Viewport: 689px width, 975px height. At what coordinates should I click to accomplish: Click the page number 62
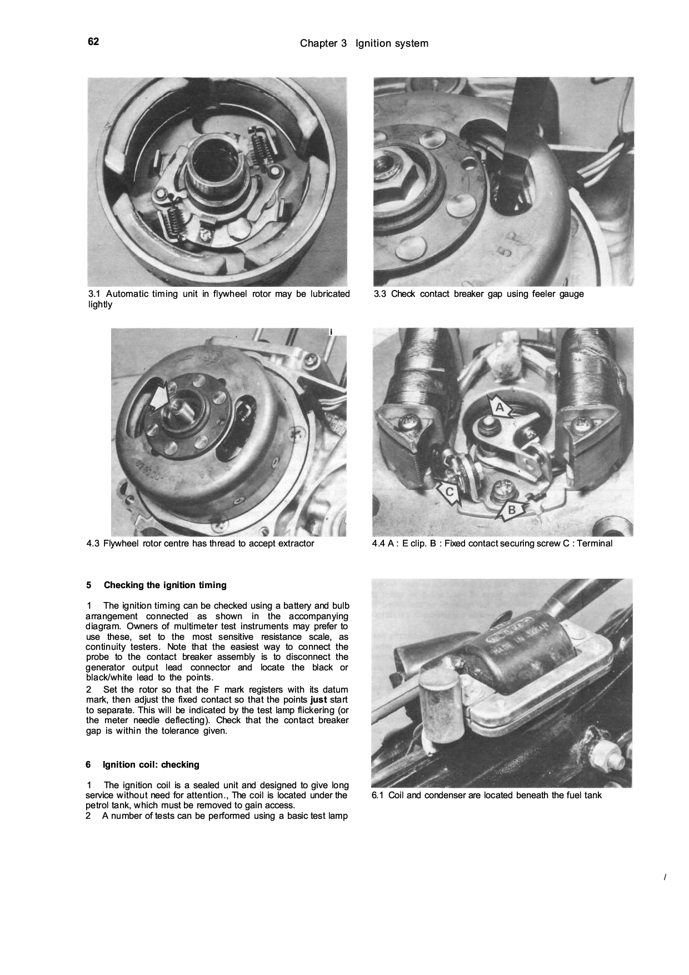(x=93, y=42)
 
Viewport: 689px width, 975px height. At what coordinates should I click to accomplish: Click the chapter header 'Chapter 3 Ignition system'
(x=364, y=43)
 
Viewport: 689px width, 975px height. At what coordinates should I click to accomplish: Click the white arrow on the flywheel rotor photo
(x=158, y=399)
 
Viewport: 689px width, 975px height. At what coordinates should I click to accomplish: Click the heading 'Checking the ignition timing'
(x=165, y=585)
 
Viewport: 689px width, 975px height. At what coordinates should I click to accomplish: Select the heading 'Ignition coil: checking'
(x=151, y=764)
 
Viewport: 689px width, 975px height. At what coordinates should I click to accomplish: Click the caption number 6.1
(x=378, y=795)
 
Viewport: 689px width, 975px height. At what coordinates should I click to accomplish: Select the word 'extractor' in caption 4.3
(x=296, y=543)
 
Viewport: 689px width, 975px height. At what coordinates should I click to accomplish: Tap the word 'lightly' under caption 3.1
(x=100, y=305)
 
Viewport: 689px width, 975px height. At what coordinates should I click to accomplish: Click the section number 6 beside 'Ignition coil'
(x=88, y=764)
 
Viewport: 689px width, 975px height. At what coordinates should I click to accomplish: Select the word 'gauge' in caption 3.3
(x=572, y=294)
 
